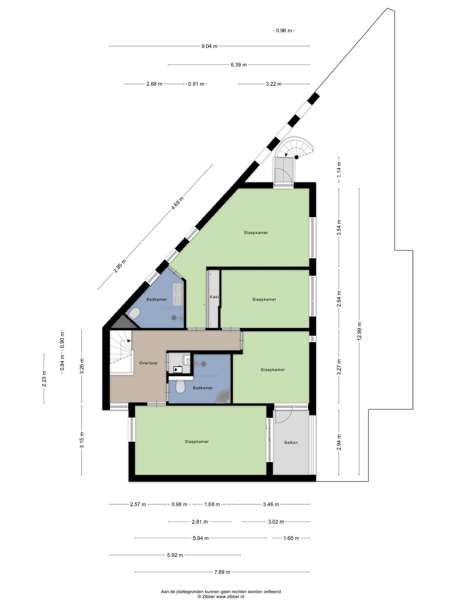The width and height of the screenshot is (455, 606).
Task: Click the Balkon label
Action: click(291, 442)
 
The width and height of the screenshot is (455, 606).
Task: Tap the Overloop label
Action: click(148, 363)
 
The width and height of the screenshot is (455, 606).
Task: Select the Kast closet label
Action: click(214, 297)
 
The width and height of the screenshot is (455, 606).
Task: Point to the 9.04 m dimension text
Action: click(209, 46)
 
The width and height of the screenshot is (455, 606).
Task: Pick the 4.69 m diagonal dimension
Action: click(177, 203)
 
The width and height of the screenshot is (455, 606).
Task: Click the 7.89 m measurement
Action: click(222, 572)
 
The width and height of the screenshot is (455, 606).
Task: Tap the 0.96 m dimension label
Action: click(284, 31)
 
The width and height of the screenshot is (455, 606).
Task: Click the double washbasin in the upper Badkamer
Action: click(178, 295)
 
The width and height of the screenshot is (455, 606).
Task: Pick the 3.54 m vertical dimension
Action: click(339, 227)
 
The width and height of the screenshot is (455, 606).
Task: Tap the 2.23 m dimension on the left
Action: click(44, 379)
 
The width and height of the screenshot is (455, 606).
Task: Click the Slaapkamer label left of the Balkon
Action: click(197, 442)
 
